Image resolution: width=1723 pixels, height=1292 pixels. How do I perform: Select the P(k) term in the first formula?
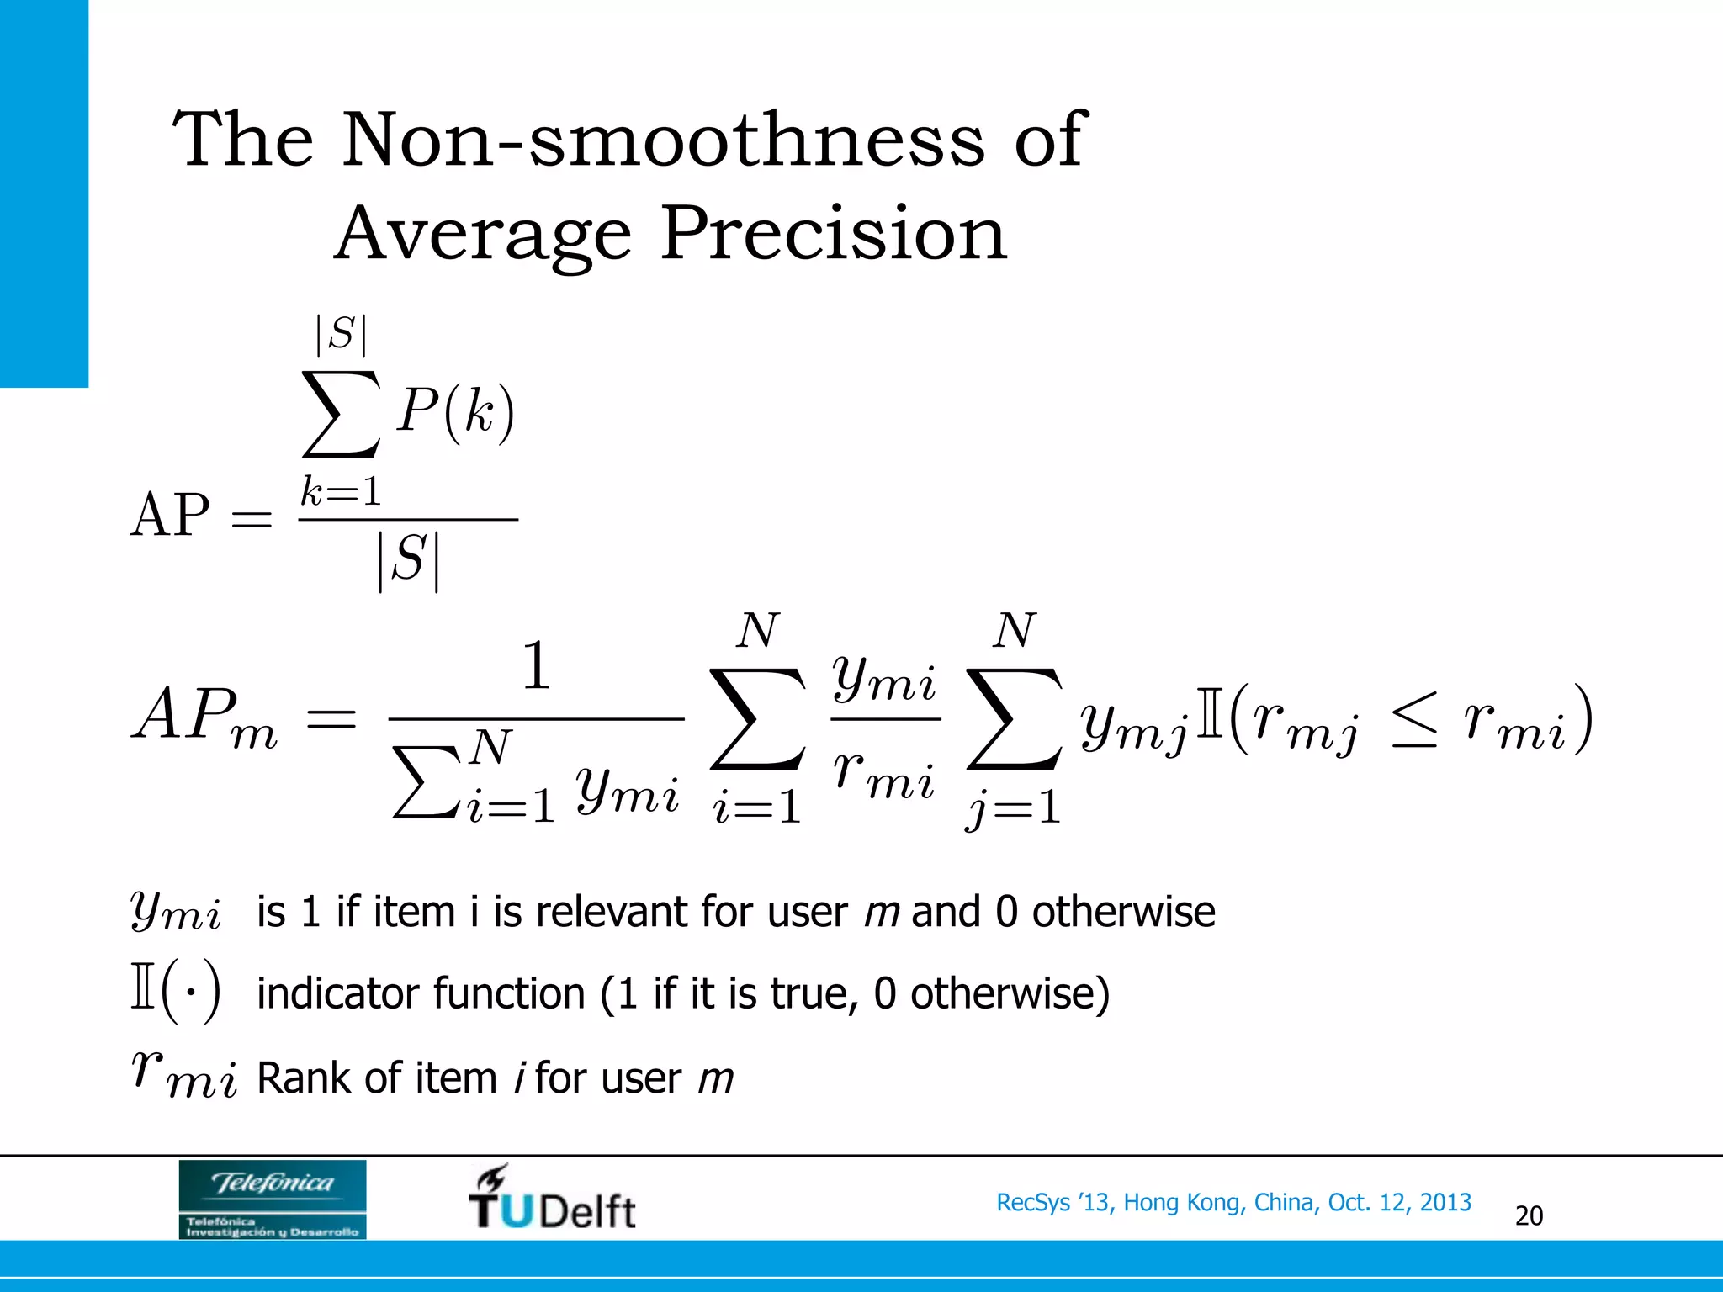[455, 412]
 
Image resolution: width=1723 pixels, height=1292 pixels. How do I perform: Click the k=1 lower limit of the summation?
[342, 491]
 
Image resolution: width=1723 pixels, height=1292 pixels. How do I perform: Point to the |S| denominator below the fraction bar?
[409, 560]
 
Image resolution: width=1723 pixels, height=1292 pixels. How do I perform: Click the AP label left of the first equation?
[170, 515]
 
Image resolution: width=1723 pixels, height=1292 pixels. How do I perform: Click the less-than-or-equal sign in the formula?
[1413, 721]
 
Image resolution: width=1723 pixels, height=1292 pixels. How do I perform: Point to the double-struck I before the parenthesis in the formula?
[1208, 719]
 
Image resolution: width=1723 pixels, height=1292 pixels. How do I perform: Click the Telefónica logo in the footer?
[273, 1199]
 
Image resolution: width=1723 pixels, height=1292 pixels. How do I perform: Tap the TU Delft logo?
[552, 1199]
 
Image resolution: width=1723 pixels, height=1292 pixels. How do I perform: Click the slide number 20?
[1529, 1215]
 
